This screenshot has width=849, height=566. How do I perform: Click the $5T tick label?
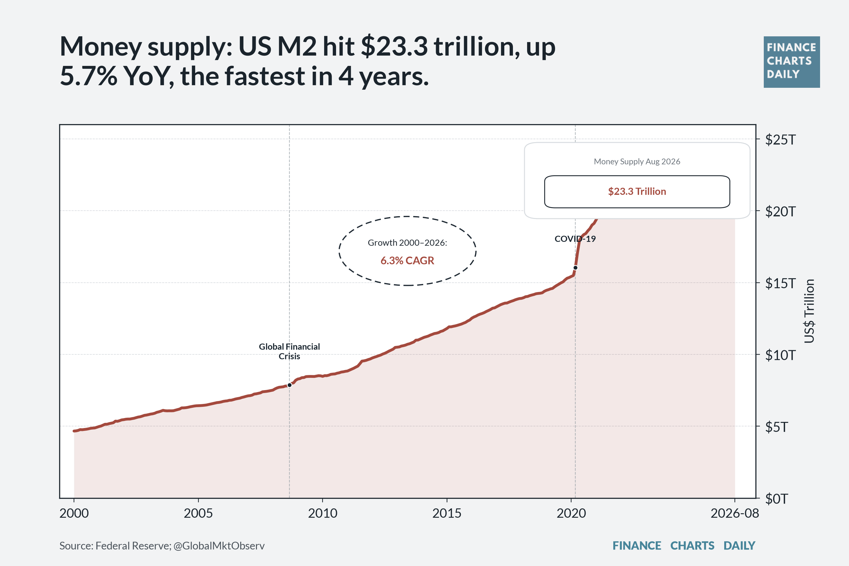coord(776,427)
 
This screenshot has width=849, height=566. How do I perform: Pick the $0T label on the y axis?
coord(776,499)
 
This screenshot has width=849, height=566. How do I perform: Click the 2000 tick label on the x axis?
coord(74,513)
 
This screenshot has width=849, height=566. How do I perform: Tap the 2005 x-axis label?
coord(198,513)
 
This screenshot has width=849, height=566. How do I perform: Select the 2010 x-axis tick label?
coord(322,513)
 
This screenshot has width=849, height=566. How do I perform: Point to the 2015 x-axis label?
coord(447,513)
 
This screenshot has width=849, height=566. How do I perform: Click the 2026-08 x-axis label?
coord(735,513)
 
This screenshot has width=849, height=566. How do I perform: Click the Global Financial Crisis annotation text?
coord(289,351)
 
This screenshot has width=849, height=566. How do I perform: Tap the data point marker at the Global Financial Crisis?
coord(289,385)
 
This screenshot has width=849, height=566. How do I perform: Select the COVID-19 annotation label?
coord(575,239)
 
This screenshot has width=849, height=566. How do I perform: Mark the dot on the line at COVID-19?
coord(575,268)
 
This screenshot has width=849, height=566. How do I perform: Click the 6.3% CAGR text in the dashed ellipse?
coord(407,260)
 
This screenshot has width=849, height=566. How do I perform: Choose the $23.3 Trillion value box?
coord(637,192)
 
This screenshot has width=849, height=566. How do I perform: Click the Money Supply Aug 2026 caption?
coord(637,161)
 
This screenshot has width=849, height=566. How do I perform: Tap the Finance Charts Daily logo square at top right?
coord(792,62)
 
